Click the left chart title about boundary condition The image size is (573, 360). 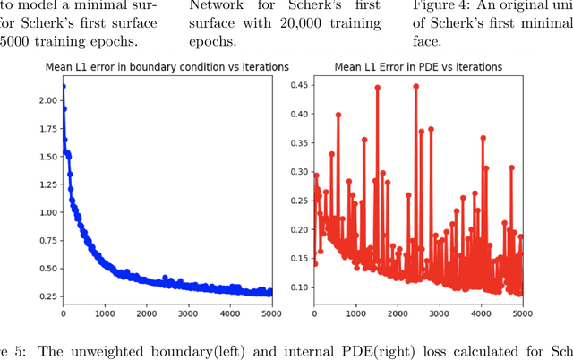(167, 67)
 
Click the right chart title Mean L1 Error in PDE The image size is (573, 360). (417, 67)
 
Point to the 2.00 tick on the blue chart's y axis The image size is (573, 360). (47, 101)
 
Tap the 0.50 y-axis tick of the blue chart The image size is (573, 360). (47, 268)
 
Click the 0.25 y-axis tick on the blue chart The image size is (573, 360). (47, 296)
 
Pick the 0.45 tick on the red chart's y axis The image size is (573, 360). (298, 85)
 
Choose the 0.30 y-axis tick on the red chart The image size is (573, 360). (298, 172)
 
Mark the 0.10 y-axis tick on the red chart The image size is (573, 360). (298, 287)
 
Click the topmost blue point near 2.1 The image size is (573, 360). (63, 87)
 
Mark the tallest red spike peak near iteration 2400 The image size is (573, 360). (415, 86)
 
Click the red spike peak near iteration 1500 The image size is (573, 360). (378, 88)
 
